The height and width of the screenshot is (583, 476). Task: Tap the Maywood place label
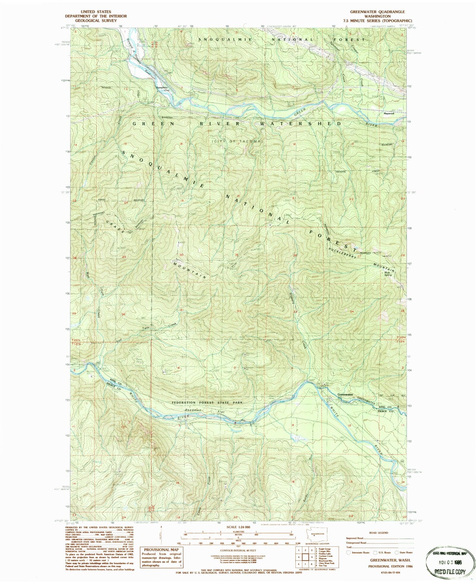coord(388,114)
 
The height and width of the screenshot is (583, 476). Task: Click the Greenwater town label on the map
coord(345,394)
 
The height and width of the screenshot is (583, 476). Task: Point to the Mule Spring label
coord(388,273)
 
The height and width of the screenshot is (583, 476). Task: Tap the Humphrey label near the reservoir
coord(162,88)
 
